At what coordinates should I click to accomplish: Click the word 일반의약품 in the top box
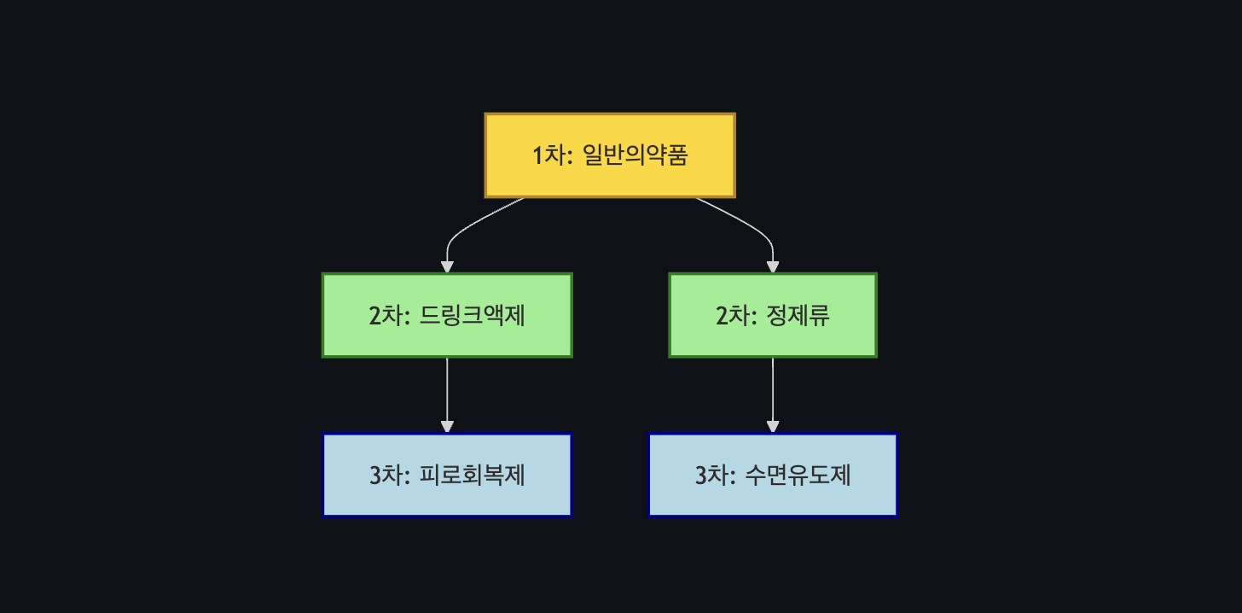coord(635,155)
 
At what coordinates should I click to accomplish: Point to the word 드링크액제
coord(473,316)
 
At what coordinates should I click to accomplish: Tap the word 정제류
coord(798,316)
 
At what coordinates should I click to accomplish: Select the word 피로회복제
coord(473,476)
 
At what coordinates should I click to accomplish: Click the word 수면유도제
coord(798,476)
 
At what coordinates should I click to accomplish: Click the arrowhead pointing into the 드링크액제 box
coord(447,266)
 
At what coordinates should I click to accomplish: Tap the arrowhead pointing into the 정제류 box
coord(773,266)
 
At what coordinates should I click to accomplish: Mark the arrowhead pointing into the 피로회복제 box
coord(447,427)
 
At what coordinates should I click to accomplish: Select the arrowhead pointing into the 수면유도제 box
coord(773,427)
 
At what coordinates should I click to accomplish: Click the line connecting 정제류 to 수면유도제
coord(773,388)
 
